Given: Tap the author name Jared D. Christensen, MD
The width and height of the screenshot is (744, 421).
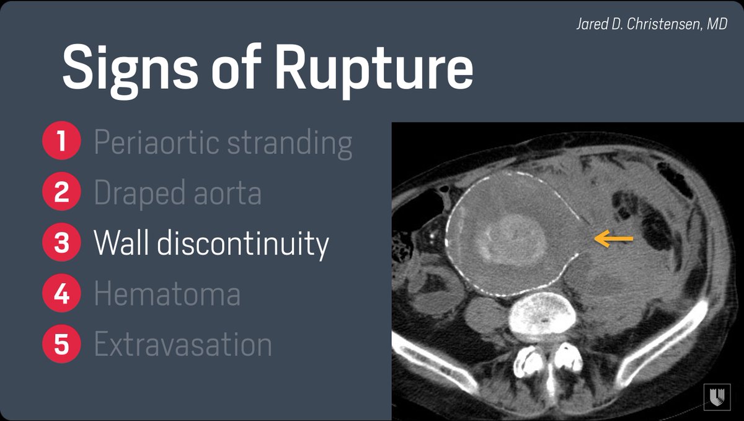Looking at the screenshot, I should pyautogui.click(x=650, y=25).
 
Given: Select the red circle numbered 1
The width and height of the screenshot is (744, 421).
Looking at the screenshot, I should pyautogui.click(x=61, y=142).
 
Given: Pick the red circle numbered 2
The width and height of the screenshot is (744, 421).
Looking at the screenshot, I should pyautogui.click(x=61, y=192).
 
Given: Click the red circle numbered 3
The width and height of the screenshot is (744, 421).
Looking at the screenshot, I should pyautogui.click(x=61, y=243).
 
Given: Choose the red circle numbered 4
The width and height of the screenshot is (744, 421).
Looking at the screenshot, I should pyautogui.click(x=61, y=293).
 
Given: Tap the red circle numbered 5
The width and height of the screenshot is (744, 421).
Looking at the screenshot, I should pyautogui.click(x=61, y=343).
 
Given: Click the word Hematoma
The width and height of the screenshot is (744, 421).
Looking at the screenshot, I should pyautogui.click(x=167, y=294).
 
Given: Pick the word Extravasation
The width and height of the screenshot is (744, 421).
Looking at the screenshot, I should pyautogui.click(x=183, y=344).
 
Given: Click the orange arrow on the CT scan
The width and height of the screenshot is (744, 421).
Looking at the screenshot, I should pyautogui.click(x=614, y=238).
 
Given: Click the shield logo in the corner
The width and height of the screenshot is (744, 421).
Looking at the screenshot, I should pyautogui.click(x=717, y=396).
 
